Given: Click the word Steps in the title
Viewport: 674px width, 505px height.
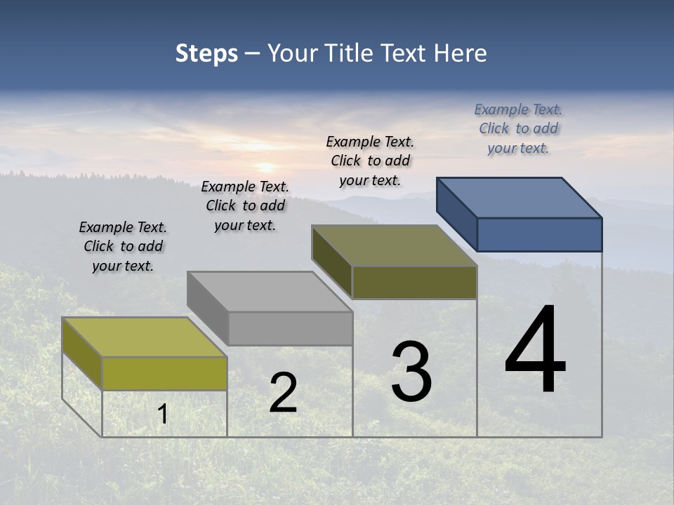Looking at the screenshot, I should pos(206,53).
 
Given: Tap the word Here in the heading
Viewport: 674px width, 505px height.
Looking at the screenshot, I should pos(460,53).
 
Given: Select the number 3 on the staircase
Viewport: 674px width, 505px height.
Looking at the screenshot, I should pos(411,372).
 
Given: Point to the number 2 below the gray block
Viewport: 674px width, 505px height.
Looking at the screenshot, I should pos(283,393).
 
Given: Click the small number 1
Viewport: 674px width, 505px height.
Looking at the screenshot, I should pos(162,415).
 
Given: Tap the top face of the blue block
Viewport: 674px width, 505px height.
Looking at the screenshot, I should pos(520,198).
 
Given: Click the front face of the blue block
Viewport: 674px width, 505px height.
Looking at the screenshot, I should pos(539,234).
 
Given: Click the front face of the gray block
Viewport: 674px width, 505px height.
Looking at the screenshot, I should pos(290,328).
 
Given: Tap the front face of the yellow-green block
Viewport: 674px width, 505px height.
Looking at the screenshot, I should pos(164,373).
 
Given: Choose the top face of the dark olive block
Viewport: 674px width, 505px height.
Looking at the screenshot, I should pos(395,245).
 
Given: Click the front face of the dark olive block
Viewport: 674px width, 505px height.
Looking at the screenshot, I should pos(414,282).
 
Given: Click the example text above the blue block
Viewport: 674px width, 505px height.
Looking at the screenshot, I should pos(518,128).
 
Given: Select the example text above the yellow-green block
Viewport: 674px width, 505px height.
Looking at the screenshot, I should pos(123,246).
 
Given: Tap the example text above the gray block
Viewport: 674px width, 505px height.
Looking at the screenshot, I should pos(245,206).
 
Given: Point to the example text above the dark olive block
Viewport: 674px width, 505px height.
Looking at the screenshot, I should pos(370,161).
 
